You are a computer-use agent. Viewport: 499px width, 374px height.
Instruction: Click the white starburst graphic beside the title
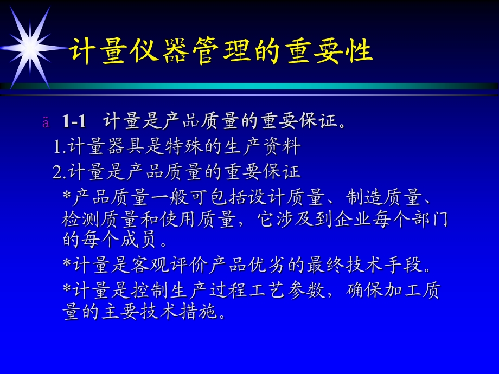click(x=30, y=48)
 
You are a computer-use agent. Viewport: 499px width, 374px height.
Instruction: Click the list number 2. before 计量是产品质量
click(x=59, y=172)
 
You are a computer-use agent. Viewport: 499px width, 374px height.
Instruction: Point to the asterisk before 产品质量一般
click(x=67, y=195)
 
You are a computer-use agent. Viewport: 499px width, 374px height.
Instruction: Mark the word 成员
click(x=138, y=239)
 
